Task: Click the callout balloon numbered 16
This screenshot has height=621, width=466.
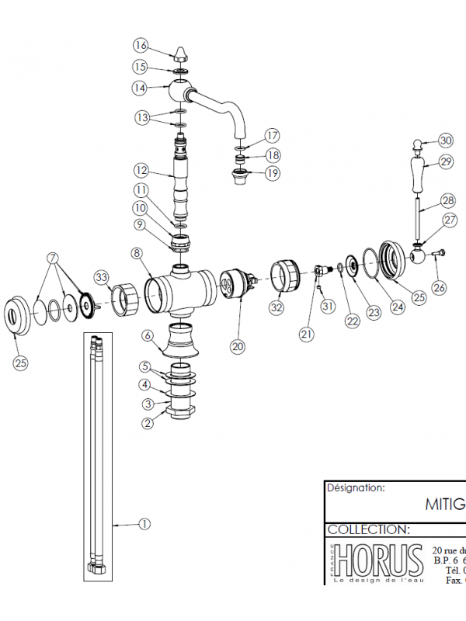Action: click(140, 45)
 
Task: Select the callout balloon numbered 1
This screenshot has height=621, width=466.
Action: click(144, 524)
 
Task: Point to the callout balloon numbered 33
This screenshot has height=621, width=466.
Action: click(102, 277)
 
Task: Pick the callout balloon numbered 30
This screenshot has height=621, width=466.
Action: click(445, 141)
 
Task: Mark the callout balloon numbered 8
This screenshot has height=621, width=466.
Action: click(137, 252)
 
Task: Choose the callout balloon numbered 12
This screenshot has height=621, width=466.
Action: click(140, 170)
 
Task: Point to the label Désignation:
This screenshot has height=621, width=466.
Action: click(356, 489)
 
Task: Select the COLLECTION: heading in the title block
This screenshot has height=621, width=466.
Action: click(368, 529)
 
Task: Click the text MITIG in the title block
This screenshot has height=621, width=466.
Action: click(444, 504)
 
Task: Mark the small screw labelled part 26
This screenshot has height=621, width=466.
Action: click(437, 253)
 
